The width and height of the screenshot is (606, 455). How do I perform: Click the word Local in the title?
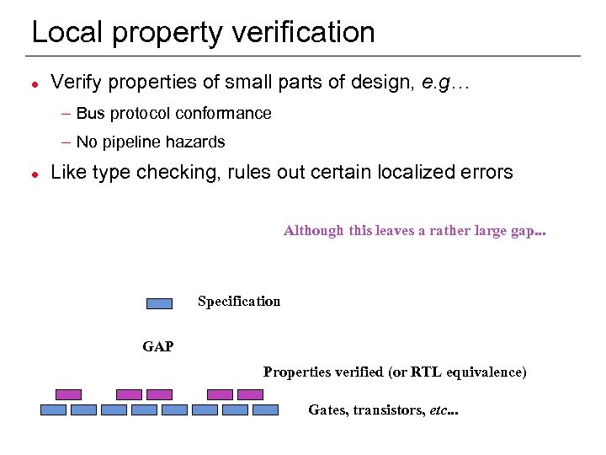coord(67,33)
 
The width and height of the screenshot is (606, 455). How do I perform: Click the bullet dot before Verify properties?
coord(32,84)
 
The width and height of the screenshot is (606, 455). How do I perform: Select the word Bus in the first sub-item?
coord(90,114)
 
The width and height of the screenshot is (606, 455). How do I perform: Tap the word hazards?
coord(198,142)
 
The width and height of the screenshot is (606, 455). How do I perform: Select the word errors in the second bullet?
coord(486,173)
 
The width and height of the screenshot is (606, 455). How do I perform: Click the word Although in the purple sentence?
coord(314,231)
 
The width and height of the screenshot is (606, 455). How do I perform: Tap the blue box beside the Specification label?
coord(159,303)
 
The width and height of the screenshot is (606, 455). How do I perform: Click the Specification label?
coord(239,302)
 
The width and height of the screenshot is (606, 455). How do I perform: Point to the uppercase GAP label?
coord(158,346)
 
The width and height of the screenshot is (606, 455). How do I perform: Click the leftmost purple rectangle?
coord(68,394)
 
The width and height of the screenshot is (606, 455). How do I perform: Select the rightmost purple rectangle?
coord(250,394)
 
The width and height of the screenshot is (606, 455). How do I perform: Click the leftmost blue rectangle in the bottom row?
coord(53,410)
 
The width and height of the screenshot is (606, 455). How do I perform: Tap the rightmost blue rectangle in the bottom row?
coord(265,410)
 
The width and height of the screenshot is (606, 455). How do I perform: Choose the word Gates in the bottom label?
coord(327,410)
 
